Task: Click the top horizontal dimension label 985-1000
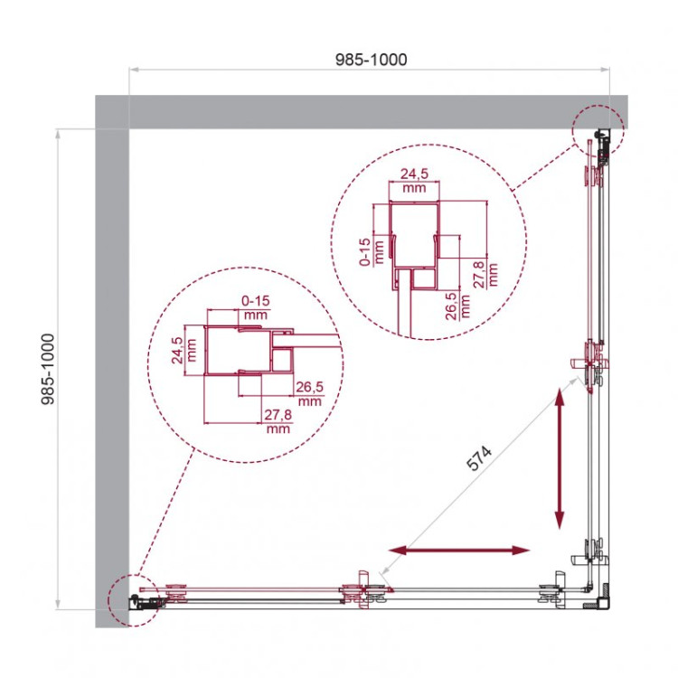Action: [371, 60]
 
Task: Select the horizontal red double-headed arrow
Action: [459, 550]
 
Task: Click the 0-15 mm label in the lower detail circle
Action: [255, 307]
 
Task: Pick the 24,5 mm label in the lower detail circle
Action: [178, 349]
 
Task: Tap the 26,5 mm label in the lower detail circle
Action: [309, 393]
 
